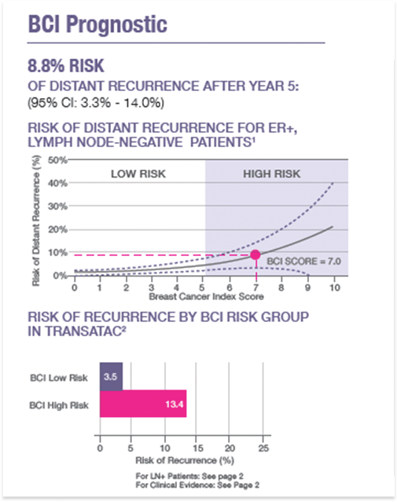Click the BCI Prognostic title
(x=97, y=24)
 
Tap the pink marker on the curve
(x=255, y=254)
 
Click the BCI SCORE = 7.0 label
(x=292, y=260)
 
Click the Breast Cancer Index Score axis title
(x=204, y=297)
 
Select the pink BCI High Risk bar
(x=142, y=405)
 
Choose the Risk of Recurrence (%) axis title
(x=182, y=458)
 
